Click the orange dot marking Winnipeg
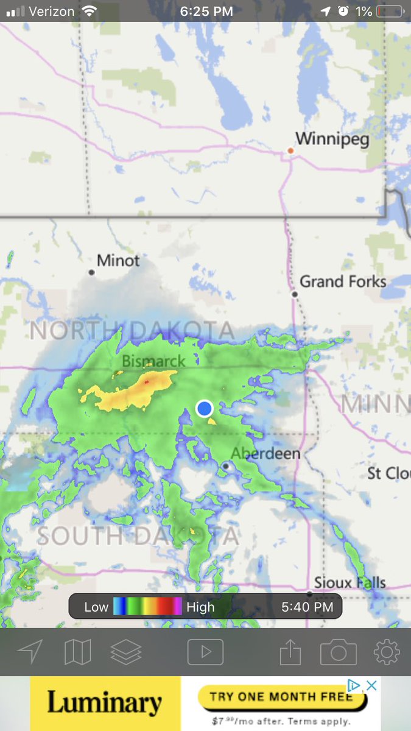291,150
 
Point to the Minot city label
118,261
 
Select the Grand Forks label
343,281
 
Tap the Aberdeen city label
265,453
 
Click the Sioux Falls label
350,582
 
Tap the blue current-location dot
205,408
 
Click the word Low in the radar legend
96,607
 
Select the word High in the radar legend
200,607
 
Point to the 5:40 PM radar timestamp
307,607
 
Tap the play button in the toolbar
205,652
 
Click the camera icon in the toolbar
338,652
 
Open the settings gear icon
387,652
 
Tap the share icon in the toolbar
290,652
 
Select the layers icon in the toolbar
126,652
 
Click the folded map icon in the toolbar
77,652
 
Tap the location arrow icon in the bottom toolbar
29,652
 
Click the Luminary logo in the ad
105,704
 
